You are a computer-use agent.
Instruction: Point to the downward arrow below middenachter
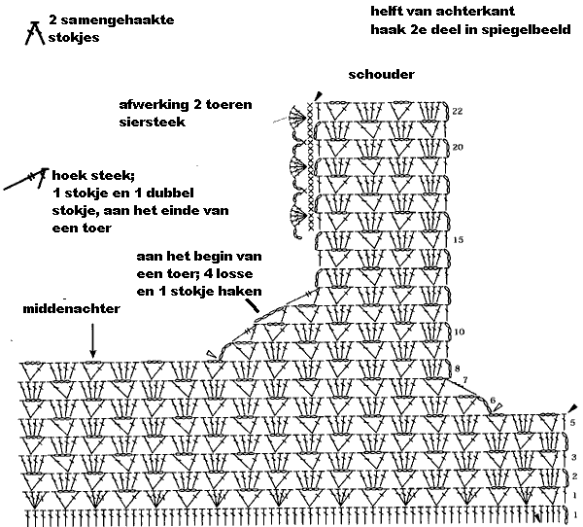93,340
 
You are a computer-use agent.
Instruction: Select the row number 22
458,112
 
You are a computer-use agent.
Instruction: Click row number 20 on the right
458,147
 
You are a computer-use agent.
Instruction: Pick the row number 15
458,238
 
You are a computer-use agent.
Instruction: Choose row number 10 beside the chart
459,332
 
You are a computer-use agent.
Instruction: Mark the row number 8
458,368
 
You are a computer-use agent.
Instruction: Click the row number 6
493,400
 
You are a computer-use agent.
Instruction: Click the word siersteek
149,123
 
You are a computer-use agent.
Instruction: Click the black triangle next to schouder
316,94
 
